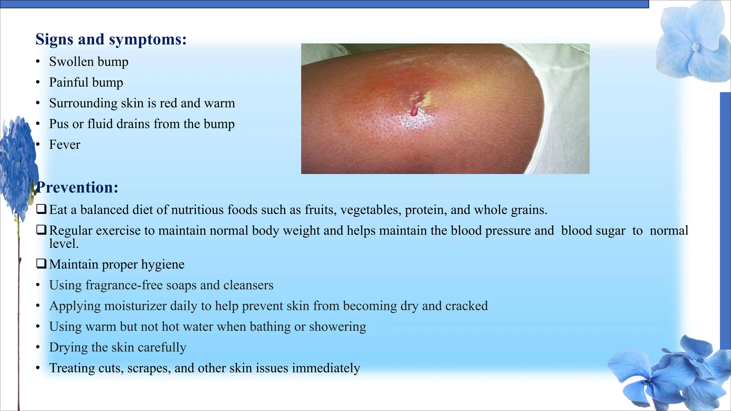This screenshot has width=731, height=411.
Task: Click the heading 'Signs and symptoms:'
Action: coord(111,39)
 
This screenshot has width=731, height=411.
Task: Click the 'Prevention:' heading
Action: coord(78,188)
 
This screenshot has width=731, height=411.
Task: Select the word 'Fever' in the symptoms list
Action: coord(65,145)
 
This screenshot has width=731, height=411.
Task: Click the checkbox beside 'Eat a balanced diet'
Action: coord(41,209)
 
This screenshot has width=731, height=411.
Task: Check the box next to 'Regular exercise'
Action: coord(41,230)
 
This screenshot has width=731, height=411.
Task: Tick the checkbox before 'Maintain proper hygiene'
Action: coord(41,264)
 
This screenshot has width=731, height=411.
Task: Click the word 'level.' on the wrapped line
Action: coord(64,244)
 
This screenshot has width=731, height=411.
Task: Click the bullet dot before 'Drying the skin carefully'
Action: coord(38,347)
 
